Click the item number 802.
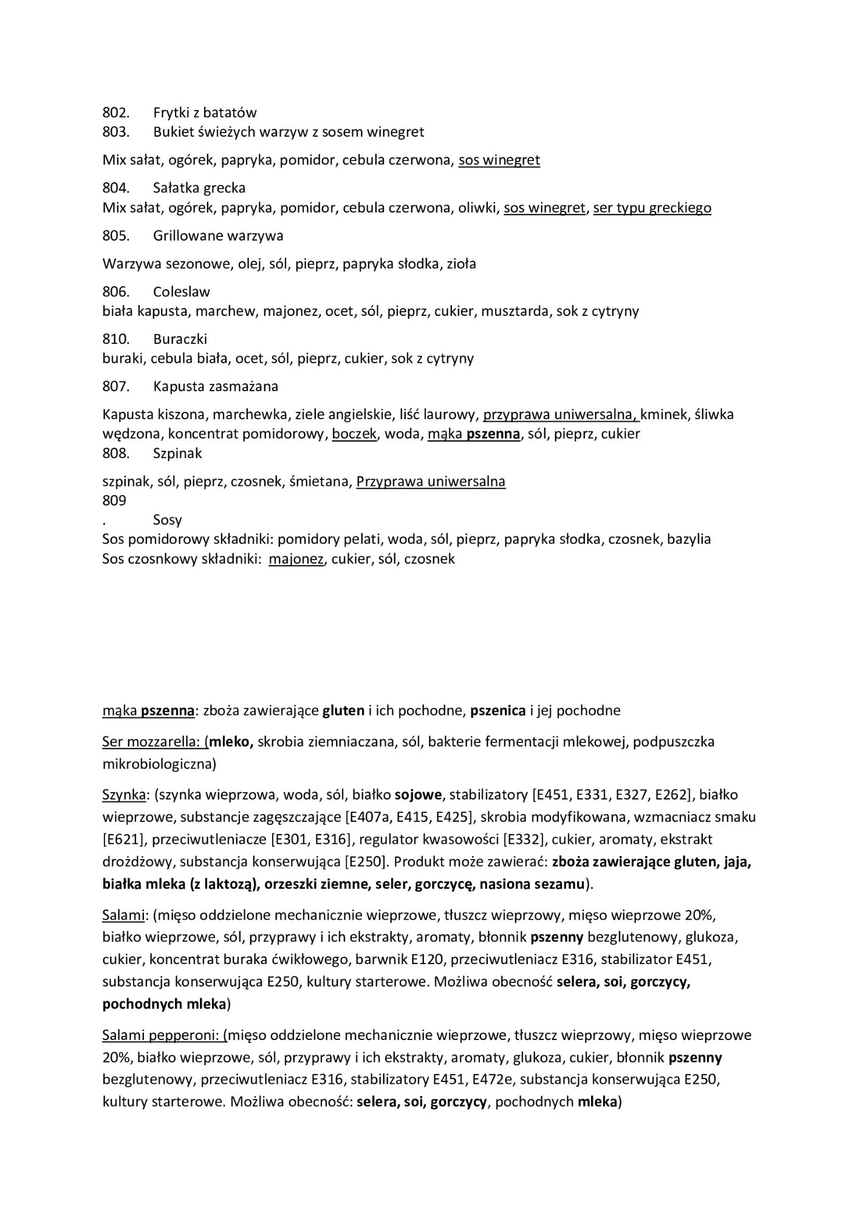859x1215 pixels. pos(115,112)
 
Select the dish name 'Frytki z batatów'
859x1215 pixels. pos(205,112)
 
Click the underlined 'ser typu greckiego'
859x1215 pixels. pos(652,208)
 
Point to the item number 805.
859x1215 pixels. pos(115,235)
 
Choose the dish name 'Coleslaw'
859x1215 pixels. pos(182,292)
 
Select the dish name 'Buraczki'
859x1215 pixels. pos(180,338)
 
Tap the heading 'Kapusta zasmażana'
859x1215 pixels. pos(216,386)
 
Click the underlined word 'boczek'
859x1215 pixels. pos(354,434)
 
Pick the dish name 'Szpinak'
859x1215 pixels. pos(177,453)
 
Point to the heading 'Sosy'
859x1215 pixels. pos(168,520)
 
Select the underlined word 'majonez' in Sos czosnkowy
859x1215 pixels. pos(296,559)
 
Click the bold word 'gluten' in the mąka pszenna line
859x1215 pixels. pos(343,710)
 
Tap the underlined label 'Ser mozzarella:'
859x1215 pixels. pos(154,742)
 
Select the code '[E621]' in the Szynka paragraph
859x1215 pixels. pos(123,840)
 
